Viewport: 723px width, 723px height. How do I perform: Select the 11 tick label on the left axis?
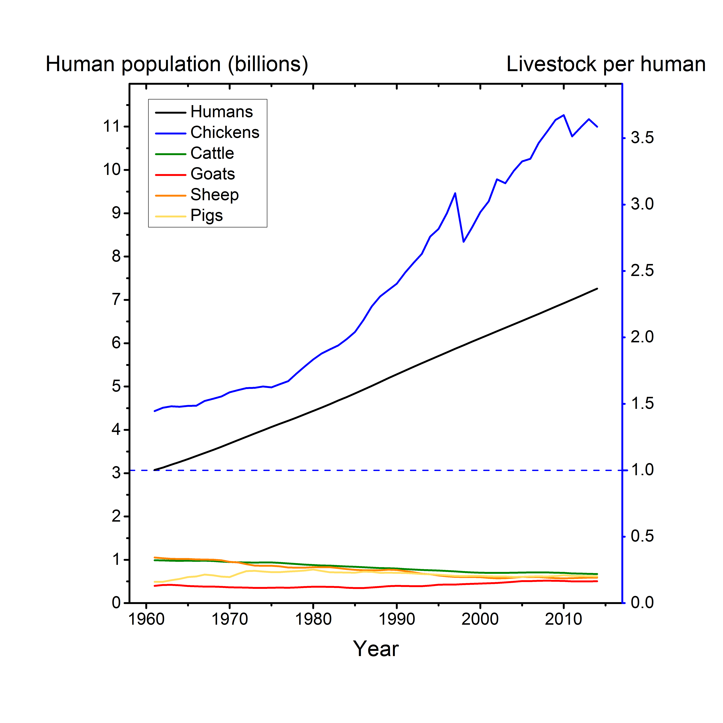(x=111, y=127)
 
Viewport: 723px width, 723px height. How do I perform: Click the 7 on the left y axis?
(x=116, y=300)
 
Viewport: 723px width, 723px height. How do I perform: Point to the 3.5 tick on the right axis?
(x=642, y=138)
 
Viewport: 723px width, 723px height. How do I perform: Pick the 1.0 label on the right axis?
(x=642, y=470)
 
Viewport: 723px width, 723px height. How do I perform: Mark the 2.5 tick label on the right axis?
(x=642, y=271)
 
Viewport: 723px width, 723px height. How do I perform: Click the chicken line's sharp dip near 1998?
(x=464, y=242)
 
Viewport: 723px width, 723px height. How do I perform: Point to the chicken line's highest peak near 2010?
(x=564, y=115)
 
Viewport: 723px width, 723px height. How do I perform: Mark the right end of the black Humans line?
(x=597, y=289)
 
